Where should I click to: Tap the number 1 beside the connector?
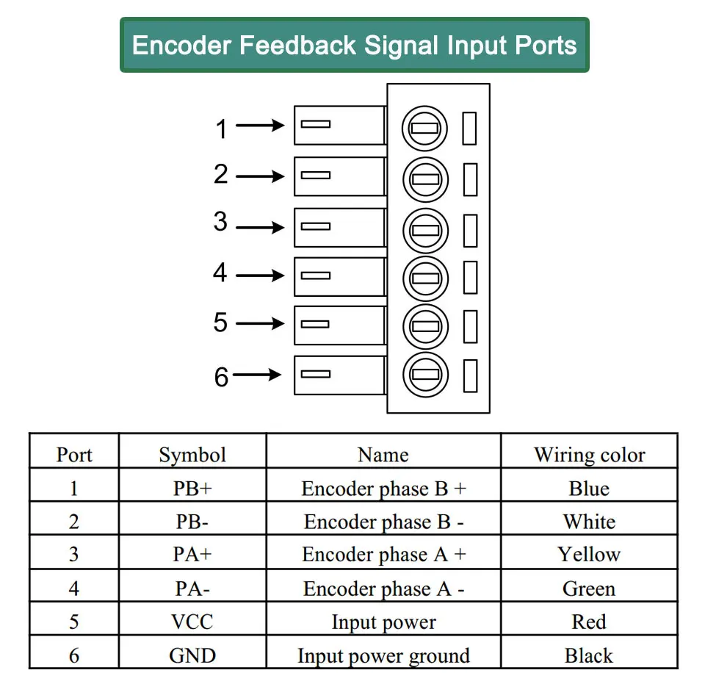[221, 129]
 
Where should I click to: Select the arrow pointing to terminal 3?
[260, 228]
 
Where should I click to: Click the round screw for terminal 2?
[425, 179]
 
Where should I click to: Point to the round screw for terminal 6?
[425, 375]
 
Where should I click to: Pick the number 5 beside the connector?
[220, 323]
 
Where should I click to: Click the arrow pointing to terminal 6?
[257, 375]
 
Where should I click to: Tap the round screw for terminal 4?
[425, 278]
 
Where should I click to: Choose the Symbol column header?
[192, 455]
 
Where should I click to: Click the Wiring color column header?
[590, 455]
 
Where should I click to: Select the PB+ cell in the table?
[192, 489]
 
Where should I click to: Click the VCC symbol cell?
[192, 622]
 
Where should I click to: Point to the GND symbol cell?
[192, 655]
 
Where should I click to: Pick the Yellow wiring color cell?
[589, 554]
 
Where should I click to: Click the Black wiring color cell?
[589, 655]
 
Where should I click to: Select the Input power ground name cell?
[383, 655]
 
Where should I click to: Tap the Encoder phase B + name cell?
[383, 489]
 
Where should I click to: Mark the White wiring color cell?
[590, 522]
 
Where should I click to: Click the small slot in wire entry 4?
[316, 276]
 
